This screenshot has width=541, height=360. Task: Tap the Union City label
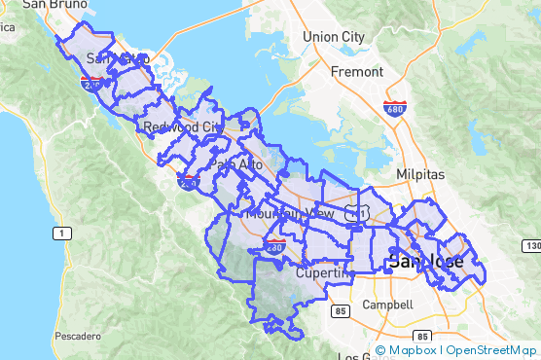tap(333, 37)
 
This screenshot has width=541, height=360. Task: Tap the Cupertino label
tap(322, 273)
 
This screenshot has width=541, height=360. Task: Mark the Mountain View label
tap(290, 213)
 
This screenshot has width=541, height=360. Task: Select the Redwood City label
tap(182, 127)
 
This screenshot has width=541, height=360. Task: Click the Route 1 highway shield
tap(61, 234)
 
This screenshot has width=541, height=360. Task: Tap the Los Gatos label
tap(356, 357)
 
